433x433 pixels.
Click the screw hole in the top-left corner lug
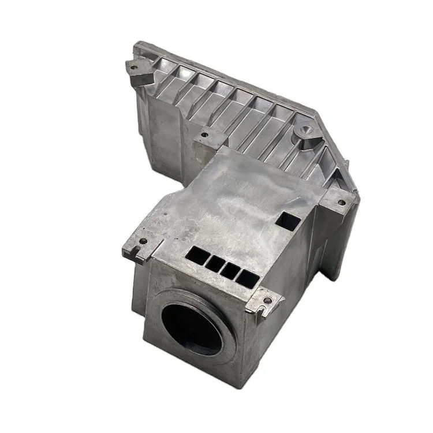134,67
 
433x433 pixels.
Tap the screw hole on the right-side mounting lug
342,203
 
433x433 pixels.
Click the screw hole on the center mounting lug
203,136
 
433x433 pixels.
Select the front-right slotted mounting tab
264,304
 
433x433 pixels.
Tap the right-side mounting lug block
339,206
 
